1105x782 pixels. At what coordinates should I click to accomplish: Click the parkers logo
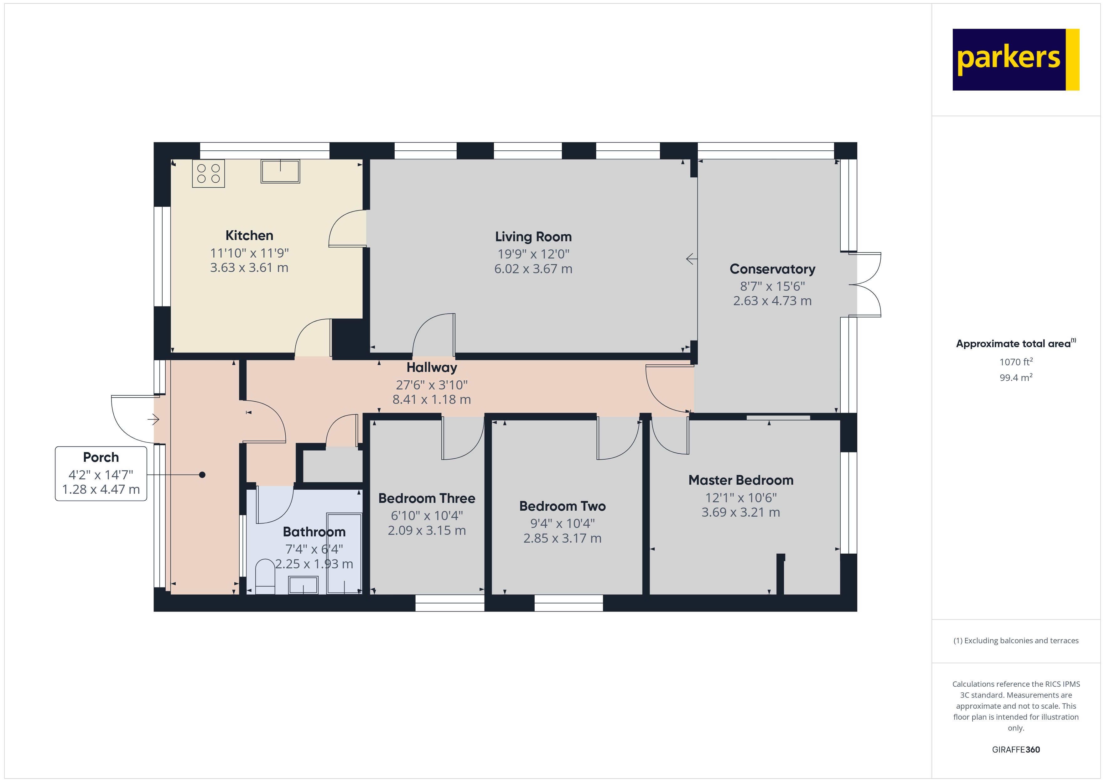(x=1015, y=60)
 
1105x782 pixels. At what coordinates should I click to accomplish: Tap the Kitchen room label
(x=249, y=236)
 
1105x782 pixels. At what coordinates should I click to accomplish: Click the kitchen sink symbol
(x=280, y=171)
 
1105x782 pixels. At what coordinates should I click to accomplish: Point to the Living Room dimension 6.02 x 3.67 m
(x=533, y=269)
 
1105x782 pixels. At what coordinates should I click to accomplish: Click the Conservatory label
(x=772, y=269)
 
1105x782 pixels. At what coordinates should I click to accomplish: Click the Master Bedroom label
(x=741, y=480)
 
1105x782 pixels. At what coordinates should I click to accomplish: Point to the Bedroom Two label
(x=562, y=506)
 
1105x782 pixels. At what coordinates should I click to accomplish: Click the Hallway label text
(x=432, y=368)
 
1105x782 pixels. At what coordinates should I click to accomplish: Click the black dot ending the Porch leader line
(x=202, y=475)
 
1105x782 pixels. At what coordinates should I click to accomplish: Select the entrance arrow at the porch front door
(x=153, y=420)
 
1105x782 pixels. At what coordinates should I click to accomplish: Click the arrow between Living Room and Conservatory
(x=691, y=259)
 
